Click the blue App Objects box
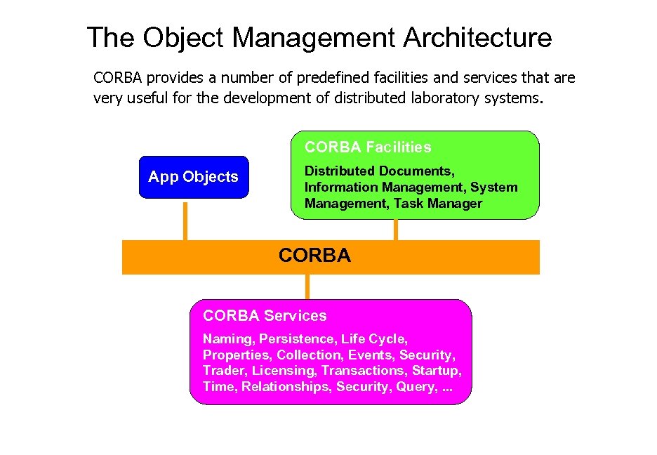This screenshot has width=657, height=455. (x=193, y=177)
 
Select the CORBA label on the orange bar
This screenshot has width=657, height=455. (x=314, y=256)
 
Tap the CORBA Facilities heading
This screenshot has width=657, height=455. (x=368, y=147)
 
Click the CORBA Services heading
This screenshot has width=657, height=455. (x=265, y=316)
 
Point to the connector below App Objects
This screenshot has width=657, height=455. (x=185, y=220)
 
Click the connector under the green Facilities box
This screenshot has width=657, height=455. (x=396, y=230)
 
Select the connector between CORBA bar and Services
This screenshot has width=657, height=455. (x=307, y=286)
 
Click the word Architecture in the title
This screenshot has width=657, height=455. (x=477, y=37)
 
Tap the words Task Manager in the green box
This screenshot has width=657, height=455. (x=438, y=204)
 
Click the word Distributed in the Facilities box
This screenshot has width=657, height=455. (x=340, y=171)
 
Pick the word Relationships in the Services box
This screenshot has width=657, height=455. (x=286, y=387)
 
